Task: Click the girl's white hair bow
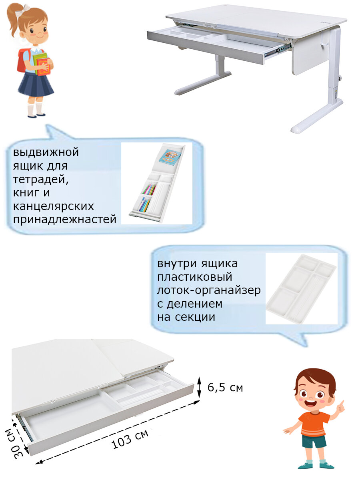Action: (23, 10)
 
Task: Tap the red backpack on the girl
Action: (22, 60)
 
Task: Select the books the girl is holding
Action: (42, 64)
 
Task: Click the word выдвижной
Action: (46, 152)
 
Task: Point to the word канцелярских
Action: (54, 206)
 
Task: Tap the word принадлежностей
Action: (64, 219)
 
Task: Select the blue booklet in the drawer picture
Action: (169, 156)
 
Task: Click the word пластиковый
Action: (194, 277)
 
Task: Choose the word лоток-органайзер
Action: (209, 290)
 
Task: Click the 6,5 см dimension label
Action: (225, 388)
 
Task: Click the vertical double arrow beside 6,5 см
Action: (199, 387)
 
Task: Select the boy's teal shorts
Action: (314, 441)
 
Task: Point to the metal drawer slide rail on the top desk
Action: (278, 50)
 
